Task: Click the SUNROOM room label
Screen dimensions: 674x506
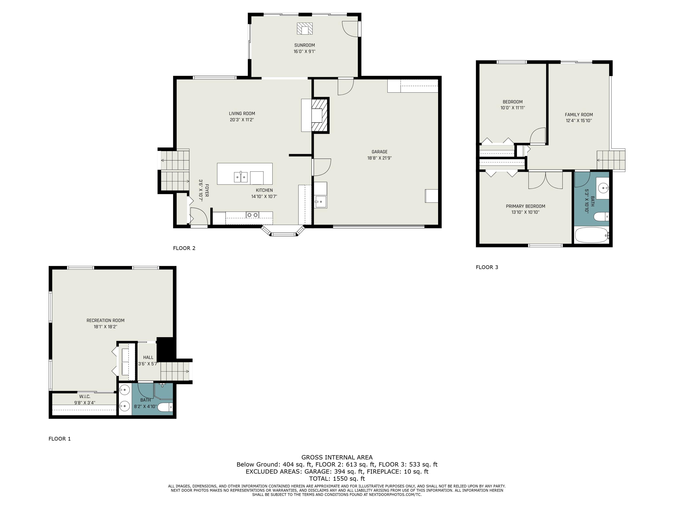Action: point(304,45)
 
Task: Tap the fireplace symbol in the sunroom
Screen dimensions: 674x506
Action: point(305,29)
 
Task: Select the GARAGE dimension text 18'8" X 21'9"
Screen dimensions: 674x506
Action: point(379,158)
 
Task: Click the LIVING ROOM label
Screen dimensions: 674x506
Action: point(242,114)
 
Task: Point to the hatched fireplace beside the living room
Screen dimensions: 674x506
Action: point(320,115)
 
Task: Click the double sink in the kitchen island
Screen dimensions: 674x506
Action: point(241,177)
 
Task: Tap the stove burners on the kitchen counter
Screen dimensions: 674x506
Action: point(253,215)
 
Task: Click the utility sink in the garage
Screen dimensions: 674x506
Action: point(321,202)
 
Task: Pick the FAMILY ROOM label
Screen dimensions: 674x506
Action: point(579,115)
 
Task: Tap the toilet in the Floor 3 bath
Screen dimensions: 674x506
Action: point(601,217)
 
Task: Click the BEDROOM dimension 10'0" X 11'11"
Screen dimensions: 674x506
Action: point(512,108)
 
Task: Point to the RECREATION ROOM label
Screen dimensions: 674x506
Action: point(105,320)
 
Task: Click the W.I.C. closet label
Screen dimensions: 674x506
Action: point(85,396)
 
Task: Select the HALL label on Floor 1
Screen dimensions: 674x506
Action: point(148,358)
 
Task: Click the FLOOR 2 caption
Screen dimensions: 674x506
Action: point(184,248)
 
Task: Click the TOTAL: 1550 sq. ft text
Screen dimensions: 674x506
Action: point(337,479)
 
